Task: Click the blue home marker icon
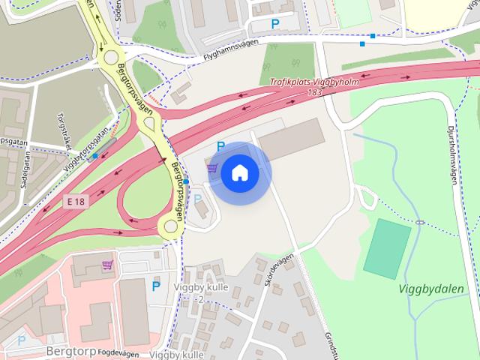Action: pyautogui.click(x=239, y=173)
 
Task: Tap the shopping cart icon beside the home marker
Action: pyautogui.click(x=213, y=167)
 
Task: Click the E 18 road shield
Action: pyautogui.click(x=75, y=201)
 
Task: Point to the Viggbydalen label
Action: pyautogui.click(x=431, y=289)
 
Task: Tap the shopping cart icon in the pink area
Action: pyautogui.click(x=108, y=264)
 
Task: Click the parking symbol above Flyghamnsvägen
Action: pyautogui.click(x=275, y=24)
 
